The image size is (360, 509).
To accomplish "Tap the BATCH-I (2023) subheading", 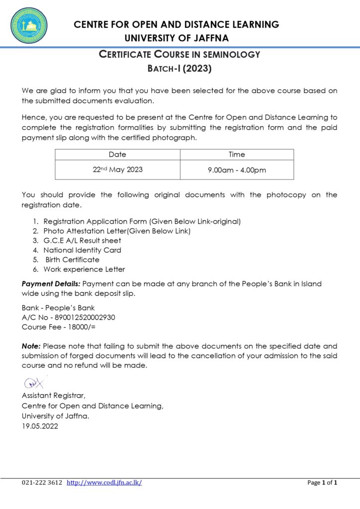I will pos(180,69).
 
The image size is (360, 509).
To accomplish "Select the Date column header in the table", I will pos(117,155).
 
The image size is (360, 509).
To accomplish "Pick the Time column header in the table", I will pos(237,155).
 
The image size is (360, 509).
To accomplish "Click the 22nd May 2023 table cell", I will pos(118,170).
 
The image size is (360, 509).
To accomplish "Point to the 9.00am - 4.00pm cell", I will pos(237,170).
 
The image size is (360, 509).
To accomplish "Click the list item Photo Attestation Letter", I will pos(117,231).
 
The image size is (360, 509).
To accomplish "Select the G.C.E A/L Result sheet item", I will pos(82,241).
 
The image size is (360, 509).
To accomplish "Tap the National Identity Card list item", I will pos(82,250).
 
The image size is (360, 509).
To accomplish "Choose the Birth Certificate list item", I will pos(72,259).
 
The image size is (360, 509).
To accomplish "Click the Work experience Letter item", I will pos(84,269).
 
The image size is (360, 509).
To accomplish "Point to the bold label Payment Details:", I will pos(51,284).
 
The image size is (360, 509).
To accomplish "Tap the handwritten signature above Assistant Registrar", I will pos(34,383).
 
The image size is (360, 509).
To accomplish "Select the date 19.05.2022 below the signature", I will pos(40,425).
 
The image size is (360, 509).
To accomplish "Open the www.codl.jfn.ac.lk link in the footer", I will pos(104,483).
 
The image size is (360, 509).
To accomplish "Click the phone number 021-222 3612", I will pos(42,483).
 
